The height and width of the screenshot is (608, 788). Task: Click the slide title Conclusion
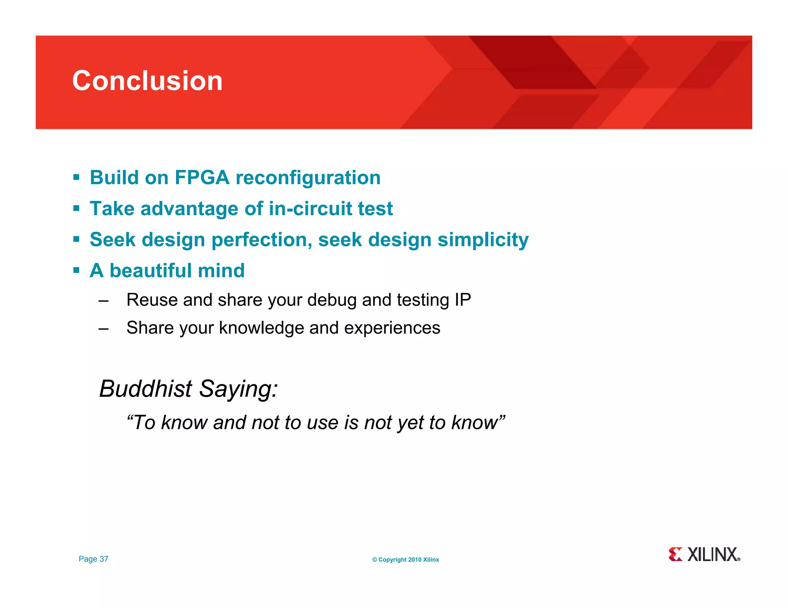click(147, 81)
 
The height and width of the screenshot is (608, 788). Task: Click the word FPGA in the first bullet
click(202, 178)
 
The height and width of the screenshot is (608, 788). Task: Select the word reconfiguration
click(308, 178)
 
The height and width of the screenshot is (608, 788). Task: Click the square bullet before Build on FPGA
click(76, 178)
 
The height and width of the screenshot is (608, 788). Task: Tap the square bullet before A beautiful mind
click(76, 271)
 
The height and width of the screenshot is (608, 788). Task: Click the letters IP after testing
click(462, 300)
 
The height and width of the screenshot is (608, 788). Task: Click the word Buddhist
click(145, 389)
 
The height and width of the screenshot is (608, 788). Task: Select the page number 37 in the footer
click(104, 559)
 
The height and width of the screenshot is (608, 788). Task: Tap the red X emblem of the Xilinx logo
click(675, 554)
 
